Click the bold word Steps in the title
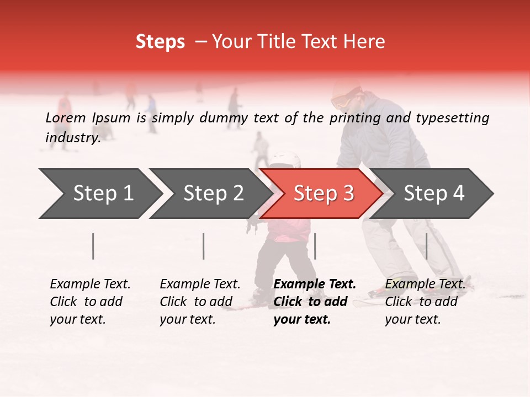point(160,42)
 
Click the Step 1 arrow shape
point(99,194)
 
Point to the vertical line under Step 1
point(93,246)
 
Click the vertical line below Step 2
point(204,246)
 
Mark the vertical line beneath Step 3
point(315,246)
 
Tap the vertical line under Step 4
point(426,246)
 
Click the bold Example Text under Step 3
point(315,301)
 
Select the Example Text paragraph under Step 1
point(90,301)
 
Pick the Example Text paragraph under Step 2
point(200,301)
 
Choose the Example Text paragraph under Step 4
point(425,301)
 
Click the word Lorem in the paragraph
point(65,117)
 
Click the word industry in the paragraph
point(72,137)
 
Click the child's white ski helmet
point(285,159)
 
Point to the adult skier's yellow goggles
point(341,102)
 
